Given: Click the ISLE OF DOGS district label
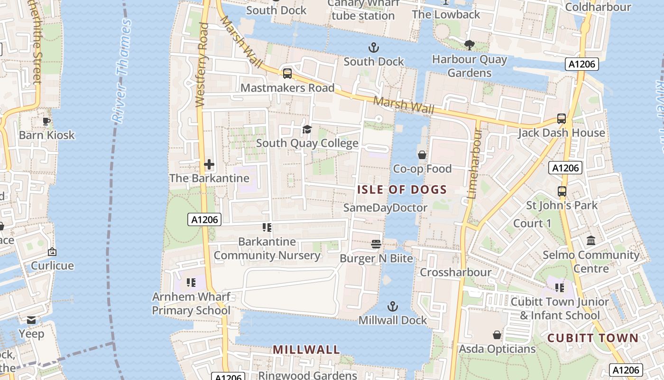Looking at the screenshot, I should pyautogui.click(x=402, y=190).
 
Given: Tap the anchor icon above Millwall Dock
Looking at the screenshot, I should pyautogui.click(x=392, y=306).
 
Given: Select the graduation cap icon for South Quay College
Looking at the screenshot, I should pyautogui.click(x=307, y=129).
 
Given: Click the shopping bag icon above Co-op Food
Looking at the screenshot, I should pyautogui.click(x=422, y=155).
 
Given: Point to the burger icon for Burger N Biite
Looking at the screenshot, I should pyautogui.click(x=376, y=244).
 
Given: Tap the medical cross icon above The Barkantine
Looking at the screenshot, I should pyautogui.click(x=209, y=164).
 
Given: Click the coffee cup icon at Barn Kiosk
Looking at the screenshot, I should pyautogui.click(x=46, y=121).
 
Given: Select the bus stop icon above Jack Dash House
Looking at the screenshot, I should pyautogui.click(x=561, y=119).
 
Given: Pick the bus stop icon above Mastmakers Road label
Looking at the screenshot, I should pyautogui.click(x=287, y=74).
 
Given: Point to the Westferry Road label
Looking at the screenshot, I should pyautogui.click(x=202, y=64).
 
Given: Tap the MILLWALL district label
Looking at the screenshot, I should pyautogui.click(x=306, y=350).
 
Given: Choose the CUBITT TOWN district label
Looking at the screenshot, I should pyautogui.click(x=593, y=338).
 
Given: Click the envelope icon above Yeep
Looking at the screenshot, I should pyautogui.click(x=31, y=320).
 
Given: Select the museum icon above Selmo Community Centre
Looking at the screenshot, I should pyautogui.click(x=590, y=241).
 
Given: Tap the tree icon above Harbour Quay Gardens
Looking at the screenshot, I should pyautogui.click(x=470, y=45).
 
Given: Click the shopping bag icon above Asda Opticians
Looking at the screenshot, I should pyautogui.click(x=497, y=335).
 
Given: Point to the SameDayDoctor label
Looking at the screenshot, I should pyautogui.click(x=385, y=208).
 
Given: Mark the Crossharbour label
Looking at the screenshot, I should pyautogui.click(x=455, y=273).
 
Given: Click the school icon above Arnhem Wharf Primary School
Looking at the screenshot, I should pyautogui.click(x=191, y=283).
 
